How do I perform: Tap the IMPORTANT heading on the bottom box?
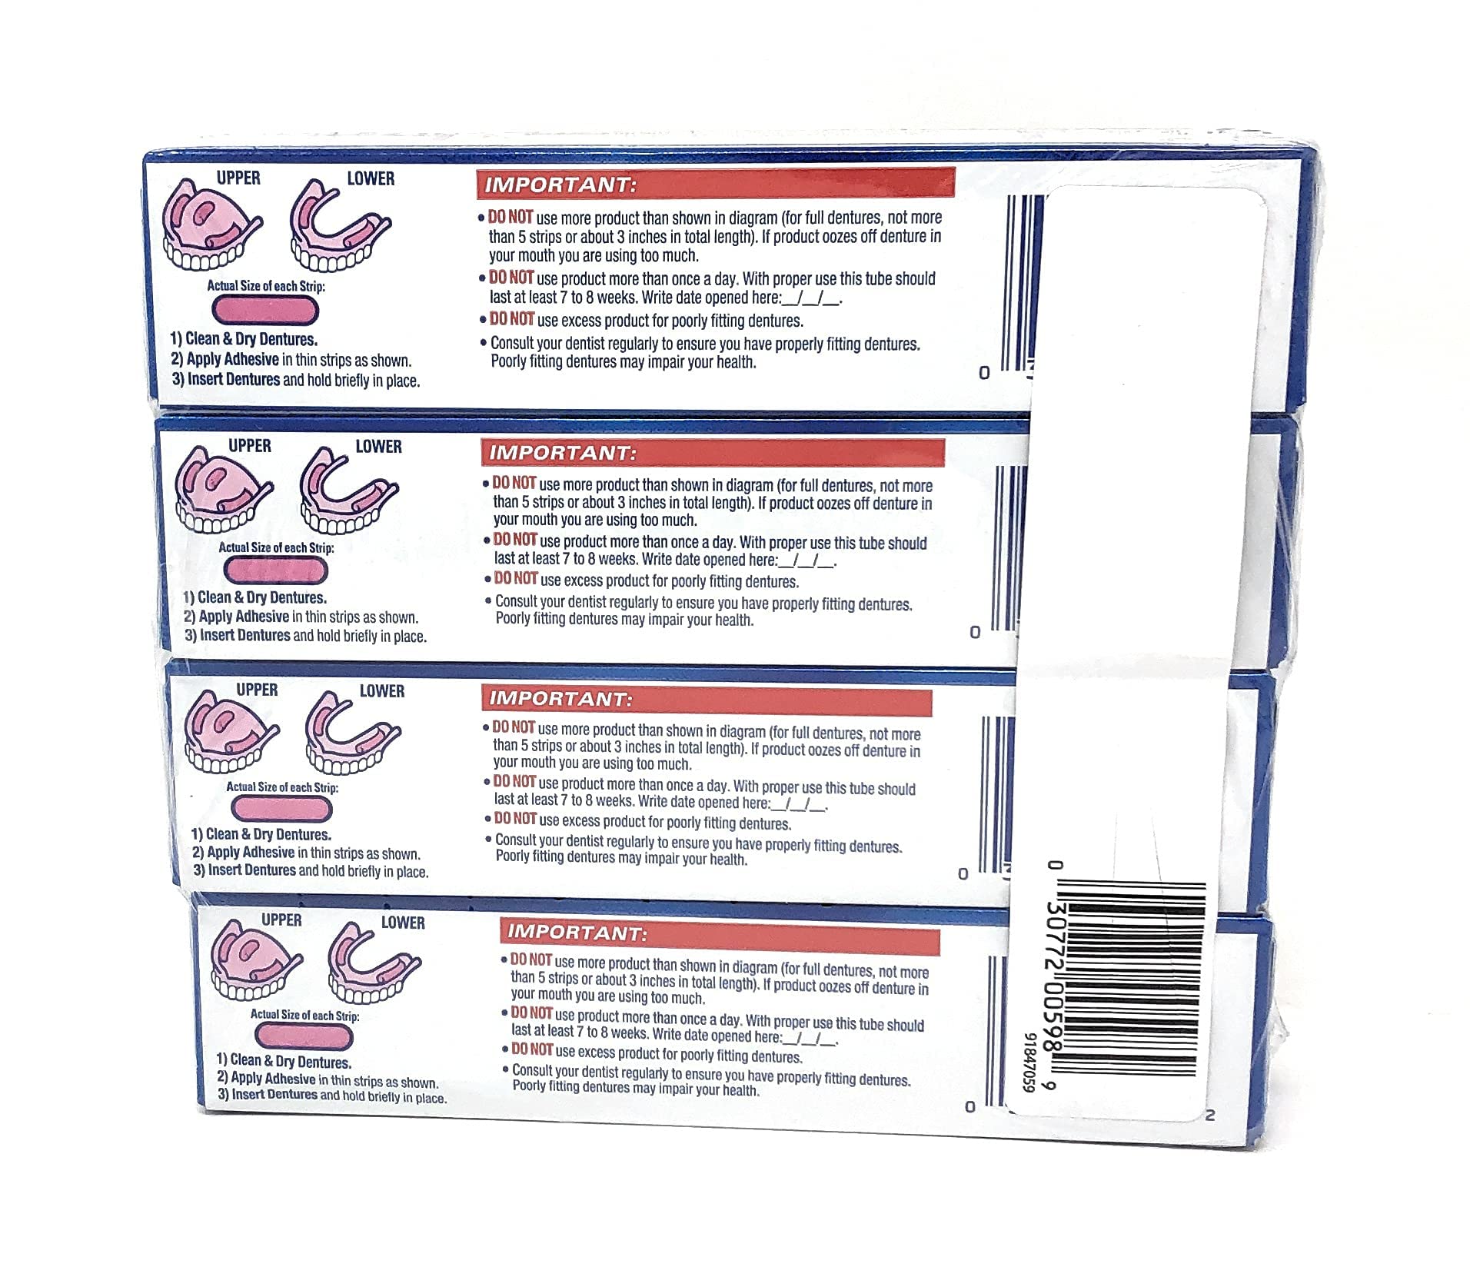[577, 933]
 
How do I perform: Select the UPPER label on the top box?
[238, 178]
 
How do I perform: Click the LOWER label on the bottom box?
[403, 922]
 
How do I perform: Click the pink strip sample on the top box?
[264, 310]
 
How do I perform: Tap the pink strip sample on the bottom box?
[302, 1037]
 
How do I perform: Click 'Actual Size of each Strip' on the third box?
[282, 786]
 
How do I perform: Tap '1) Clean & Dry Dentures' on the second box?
[255, 597]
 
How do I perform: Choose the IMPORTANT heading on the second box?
[564, 453]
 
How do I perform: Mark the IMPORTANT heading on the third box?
[561, 700]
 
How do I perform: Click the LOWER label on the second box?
[378, 446]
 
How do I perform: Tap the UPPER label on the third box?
[257, 690]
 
